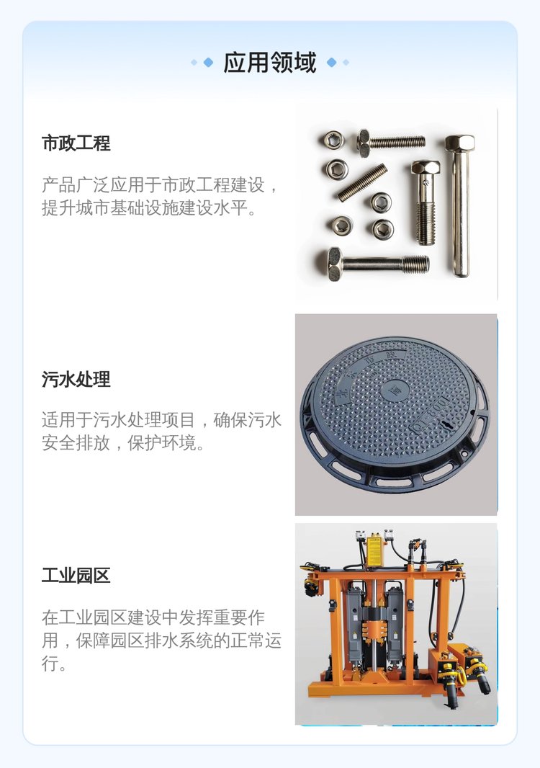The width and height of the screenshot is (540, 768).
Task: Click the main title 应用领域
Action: pos(270,63)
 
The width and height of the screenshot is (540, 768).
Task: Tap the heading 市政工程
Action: pos(76,143)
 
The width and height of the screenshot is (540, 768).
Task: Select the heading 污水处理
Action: pos(76,379)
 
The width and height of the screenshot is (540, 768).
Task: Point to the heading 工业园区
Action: pos(76,575)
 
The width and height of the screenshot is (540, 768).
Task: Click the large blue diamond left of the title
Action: pos(209,62)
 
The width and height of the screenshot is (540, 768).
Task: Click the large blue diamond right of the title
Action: pos(331,62)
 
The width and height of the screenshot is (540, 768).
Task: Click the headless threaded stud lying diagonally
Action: pos(362,182)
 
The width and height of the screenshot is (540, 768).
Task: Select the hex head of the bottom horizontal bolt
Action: pos(335,264)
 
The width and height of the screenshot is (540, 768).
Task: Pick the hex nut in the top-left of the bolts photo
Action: pos(333,140)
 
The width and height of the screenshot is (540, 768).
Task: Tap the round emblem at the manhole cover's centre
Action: pos(391,391)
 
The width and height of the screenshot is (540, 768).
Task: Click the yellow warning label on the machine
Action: pos(374,552)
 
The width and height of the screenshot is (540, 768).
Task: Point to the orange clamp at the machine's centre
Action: pos(374,629)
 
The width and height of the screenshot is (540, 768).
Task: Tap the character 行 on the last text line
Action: pos(50,664)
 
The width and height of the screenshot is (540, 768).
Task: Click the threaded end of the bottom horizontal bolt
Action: pos(415,264)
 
